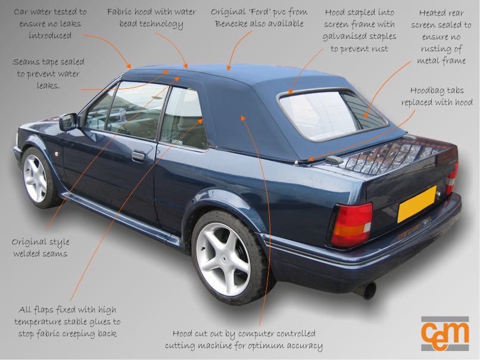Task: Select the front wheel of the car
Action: point(35,178)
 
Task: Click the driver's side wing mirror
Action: point(68,122)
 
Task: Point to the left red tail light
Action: point(351,225)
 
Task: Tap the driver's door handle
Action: point(138,156)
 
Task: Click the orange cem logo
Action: point(445,334)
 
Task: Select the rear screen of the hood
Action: point(331,114)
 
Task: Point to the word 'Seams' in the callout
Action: point(27,62)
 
